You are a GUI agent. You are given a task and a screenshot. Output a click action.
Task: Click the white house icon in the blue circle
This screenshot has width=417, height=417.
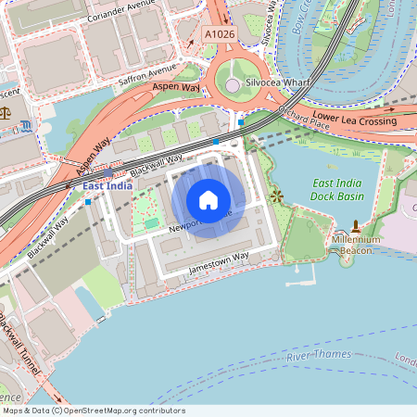pos(208,200)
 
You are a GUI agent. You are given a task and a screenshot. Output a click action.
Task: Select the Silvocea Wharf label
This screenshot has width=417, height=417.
pos(277,82)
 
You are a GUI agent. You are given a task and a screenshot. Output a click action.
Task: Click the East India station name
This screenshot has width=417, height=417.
pos(107,186)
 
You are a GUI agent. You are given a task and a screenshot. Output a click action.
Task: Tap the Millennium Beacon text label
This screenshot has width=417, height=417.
pos(356,245)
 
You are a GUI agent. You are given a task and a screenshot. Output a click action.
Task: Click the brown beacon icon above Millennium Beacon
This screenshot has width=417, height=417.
pos(356,226)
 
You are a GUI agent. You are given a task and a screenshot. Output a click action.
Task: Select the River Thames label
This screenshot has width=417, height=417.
pos(319,356)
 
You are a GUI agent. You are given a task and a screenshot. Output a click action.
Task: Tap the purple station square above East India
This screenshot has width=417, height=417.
pos(108,172)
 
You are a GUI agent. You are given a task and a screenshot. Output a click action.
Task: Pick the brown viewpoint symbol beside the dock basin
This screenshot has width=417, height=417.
pos(276,196)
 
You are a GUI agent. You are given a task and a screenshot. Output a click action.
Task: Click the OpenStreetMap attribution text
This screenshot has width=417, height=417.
pos(93,411)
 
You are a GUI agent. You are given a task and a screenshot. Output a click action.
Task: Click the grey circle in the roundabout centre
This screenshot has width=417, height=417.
pos(232,86)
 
